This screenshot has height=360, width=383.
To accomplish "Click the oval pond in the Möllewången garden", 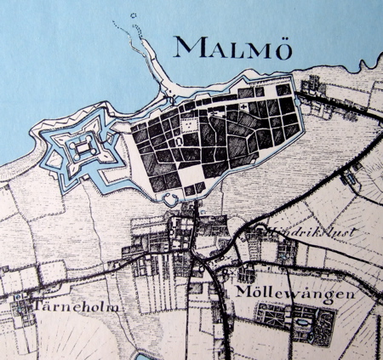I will pos(301,323).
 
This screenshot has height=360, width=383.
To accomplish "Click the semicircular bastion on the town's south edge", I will pos(169,200).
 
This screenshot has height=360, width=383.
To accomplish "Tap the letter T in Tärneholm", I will pos(38,303).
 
